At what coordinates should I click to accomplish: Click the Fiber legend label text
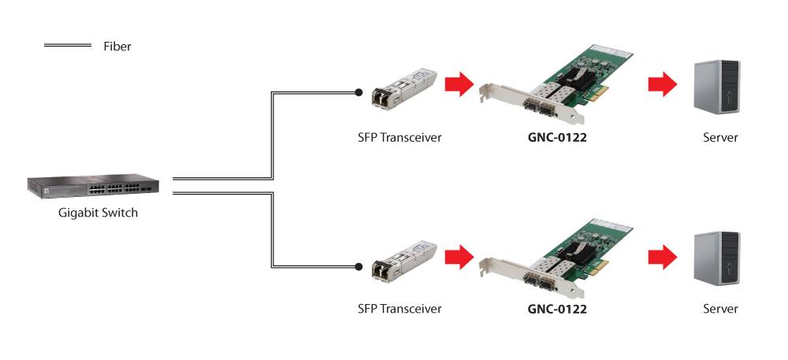coord(117,46)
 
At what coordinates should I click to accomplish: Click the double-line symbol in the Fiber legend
coord(68,46)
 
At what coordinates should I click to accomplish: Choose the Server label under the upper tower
coord(719,137)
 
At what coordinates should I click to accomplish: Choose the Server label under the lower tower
coord(719,308)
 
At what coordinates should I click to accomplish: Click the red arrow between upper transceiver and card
coord(457,84)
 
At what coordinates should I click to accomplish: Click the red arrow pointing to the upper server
coord(663,84)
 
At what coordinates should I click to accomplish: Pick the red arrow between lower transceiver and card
coord(457,255)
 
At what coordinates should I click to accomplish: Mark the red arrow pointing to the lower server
coord(663,255)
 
